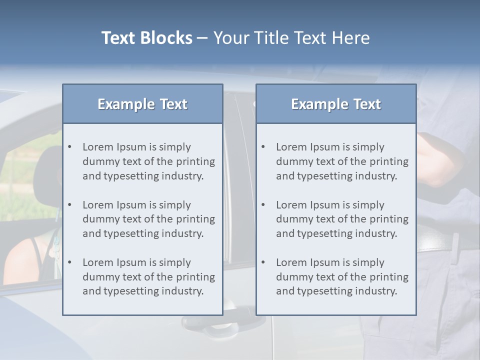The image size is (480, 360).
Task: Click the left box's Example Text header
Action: point(142,104)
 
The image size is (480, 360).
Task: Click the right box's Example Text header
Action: point(336,104)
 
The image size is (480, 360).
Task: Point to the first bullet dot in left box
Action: point(69,147)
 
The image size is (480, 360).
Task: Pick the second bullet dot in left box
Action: point(69,205)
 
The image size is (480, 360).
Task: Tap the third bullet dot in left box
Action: point(69,262)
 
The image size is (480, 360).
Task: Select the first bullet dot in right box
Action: point(263,147)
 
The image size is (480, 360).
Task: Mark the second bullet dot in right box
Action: point(263,205)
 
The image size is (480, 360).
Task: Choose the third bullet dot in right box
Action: point(263,262)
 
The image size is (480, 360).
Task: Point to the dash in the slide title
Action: point(203,38)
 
